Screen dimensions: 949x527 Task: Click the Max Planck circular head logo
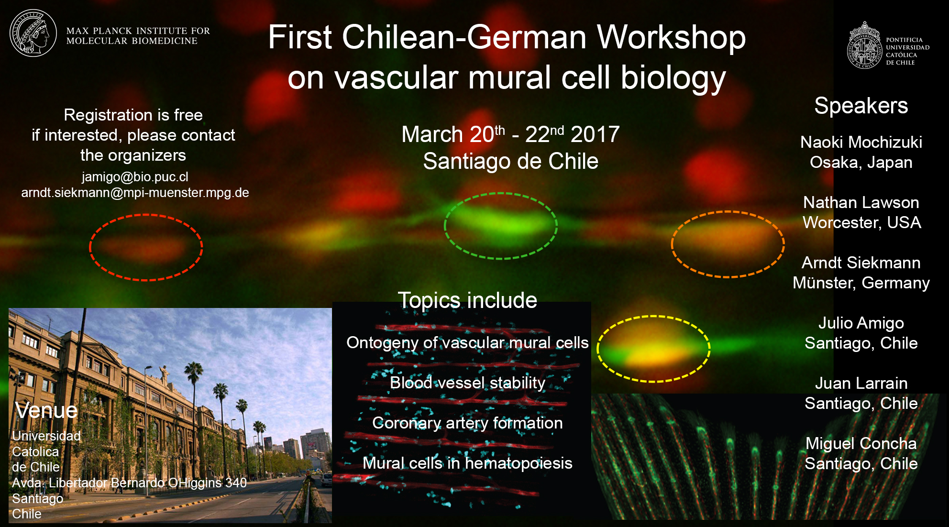pyautogui.click(x=33, y=33)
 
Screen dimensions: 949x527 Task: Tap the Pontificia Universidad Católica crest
pyautogui.click(x=864, y=45)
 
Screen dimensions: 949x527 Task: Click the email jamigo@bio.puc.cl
pyautogui.click(x=135, y=177)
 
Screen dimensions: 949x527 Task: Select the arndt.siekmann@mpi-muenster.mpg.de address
pyautogui.click(x=135, y=193)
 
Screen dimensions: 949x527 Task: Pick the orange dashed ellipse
pyautogui.click(x=672, y=244)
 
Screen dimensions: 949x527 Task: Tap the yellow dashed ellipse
pyautogui.click(x=597, y=349)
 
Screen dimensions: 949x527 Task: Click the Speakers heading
pyautogui.click(x=861, y=106)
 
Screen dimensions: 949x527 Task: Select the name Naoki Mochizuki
pyautogui.click(x=861, y=142)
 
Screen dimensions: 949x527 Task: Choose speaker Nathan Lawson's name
pyautogui.click(x=861, y=202)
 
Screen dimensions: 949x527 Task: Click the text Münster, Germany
pyautogui.click(x=861, y=283)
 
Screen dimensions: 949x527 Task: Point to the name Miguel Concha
pyautogui.click(x=861, y=443)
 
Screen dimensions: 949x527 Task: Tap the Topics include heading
pyautogui.click(x=467, y=300)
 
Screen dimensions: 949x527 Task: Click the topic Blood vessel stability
pyautogui.click(x=467, y=383)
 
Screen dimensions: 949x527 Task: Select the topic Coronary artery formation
pyautogui.click(x=467, y=423)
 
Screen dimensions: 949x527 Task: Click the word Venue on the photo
pyautogui.click(x=46, y=410)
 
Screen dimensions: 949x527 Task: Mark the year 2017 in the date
pyautogui.click(x=595, y=134)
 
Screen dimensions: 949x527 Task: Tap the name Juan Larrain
pyautogui.click(x=861, y=383)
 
